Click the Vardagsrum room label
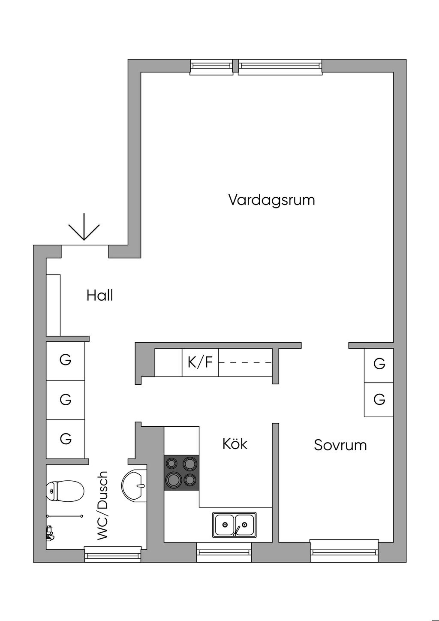[x=272, y=200]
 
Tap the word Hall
[x=100, y=295]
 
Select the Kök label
[x=235, y=443]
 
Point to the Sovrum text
[x=340, y=445]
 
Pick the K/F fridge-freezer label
[x=200, y=362]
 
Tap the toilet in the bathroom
[x=65, y=491]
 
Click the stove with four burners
[x=181, y=473]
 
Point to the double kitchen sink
[x=235, y=525]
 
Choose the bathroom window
[x=113, y=554]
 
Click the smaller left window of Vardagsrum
[x=211, y=67]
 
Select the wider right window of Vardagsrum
[x=280, y=67]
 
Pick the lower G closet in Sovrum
[x=379, y=400]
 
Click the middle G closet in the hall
[x=65, y=400]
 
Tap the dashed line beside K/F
[x=245, y=362]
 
